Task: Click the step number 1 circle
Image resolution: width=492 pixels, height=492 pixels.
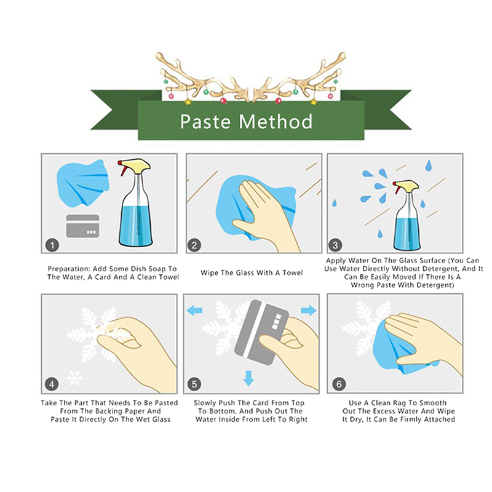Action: (x=52, y=245)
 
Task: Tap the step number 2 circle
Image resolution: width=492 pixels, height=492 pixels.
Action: (x=194, y=245)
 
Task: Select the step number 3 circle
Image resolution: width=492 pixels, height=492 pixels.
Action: (x=335, y=245)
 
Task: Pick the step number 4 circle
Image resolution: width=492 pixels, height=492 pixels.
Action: (x=52, y=384)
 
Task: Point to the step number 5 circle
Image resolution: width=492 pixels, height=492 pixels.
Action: (x=194, y=384)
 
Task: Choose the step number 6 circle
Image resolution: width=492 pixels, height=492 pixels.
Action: (x=339, y=384)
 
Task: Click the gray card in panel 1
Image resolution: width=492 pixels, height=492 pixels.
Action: (x=83, y=226)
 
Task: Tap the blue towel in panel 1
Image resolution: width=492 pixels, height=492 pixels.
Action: (x=83, y=183)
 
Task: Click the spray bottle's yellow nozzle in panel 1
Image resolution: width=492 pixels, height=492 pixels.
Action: (x=135, y=165)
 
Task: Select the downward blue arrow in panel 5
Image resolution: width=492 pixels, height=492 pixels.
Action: (x=248, y=378)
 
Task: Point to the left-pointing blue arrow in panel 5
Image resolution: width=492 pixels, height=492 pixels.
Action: (x=194, y=311)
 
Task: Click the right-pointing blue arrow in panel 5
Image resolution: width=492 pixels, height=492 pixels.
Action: (x=309, y=311)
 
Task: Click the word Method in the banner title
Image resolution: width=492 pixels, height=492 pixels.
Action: (x=276, y=121)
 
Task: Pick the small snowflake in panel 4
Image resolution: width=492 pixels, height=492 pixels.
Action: (x=75, y=378)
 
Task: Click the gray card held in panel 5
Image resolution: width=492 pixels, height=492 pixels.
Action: (x=261, y=333)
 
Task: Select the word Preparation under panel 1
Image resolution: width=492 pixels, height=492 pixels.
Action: (x=68, y=269)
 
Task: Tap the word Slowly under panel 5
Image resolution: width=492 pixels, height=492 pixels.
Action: (x=205, y=403)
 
